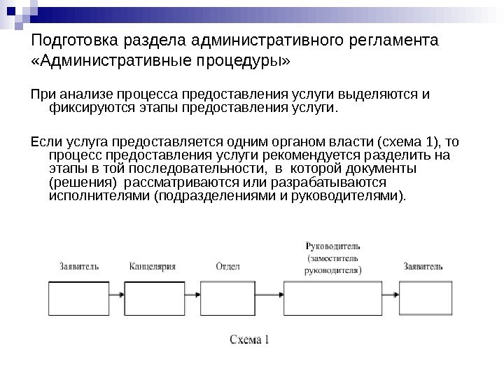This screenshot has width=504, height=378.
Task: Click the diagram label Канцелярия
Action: pos(152,267)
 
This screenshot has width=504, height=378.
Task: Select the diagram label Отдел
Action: pos(228,267)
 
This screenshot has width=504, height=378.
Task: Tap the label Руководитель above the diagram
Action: pos(332,246)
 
